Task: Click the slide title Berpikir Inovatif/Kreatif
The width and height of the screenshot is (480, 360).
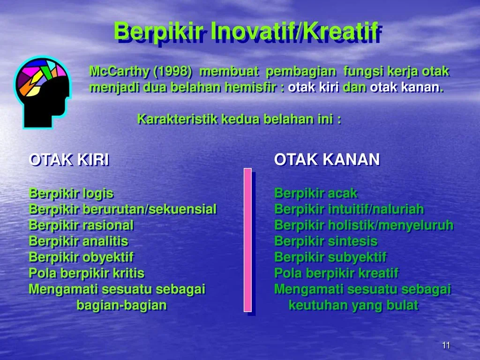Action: click(245, 32)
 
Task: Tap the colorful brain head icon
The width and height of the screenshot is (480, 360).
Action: click(42, 91)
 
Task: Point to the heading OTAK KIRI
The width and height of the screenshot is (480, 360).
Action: click(69, 160)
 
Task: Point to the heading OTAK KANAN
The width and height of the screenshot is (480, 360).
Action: click(327, 160)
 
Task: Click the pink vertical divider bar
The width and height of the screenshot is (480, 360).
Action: click(247, 240)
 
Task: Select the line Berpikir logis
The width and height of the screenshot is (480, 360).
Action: click(71, 193)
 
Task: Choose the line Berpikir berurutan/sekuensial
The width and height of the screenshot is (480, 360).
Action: click(123, 209)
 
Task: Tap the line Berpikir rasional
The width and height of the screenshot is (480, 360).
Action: click(81, 225)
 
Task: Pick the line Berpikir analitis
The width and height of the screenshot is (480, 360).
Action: click(78, 241)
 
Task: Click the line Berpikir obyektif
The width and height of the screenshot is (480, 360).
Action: click(81, 257)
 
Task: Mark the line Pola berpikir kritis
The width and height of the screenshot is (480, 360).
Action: click(87, 273)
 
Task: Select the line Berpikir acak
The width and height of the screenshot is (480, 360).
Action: click(315, 193)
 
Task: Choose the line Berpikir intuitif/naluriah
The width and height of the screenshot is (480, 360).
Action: click(349, 209)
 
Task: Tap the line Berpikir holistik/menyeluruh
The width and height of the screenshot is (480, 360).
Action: click(364, 225)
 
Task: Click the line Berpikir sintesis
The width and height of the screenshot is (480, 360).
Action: click(326, 241)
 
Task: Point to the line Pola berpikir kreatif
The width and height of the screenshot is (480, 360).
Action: click(336, 273)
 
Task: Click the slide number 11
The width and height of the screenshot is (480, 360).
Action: click(446, 345)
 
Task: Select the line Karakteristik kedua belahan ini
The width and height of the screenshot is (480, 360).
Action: click(239, 119)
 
